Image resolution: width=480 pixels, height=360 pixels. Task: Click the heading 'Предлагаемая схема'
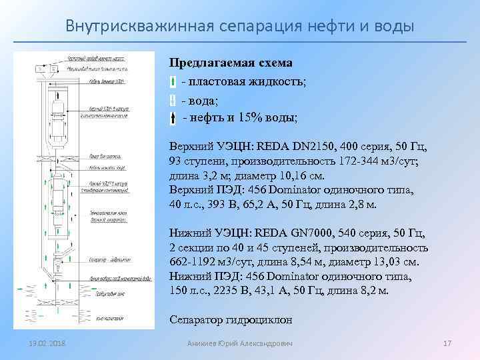pyautogui.click(x=231, y=63)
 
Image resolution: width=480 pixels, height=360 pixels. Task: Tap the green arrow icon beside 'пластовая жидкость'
pyautogui.click(x=173, y=82)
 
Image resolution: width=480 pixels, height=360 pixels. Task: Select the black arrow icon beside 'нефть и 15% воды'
pyautogui.click(x=173, y=118)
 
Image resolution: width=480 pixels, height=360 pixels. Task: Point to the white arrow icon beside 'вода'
pyautogui.click(x=173, y=100)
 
